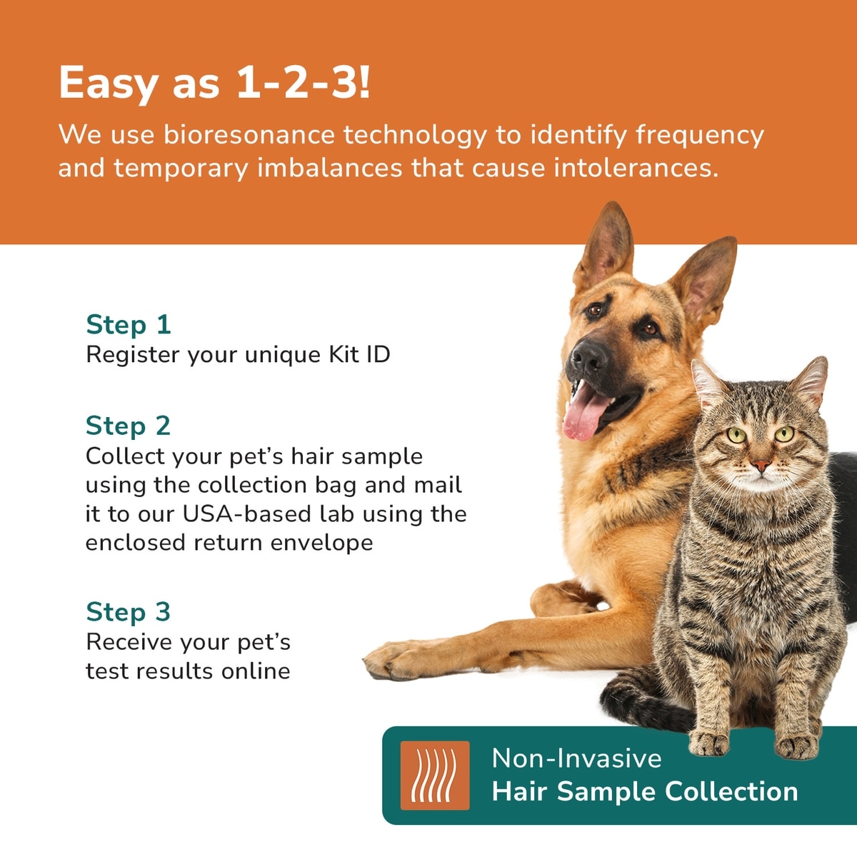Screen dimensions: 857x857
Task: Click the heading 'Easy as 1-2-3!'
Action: point(214,83)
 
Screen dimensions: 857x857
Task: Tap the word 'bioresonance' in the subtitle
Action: point(249,134)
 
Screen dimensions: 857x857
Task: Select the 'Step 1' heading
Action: point(129,324)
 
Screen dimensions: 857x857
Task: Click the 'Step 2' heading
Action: point(129,426)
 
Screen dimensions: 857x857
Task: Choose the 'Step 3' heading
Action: point(129,611)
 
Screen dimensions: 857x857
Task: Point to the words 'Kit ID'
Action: point(359,354)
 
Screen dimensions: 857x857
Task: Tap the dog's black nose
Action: point(588,356)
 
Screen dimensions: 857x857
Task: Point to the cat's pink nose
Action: point(761,465)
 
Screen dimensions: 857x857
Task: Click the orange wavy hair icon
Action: point(435,776)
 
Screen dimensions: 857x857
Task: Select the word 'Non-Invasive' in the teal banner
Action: point(577,758)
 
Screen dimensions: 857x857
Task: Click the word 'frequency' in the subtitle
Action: point(700,135)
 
